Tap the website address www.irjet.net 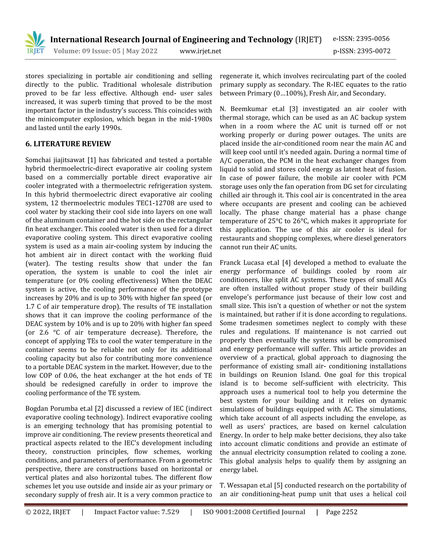tap(200, 51)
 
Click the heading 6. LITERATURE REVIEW tap(68, 144)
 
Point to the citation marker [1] tap(91, 160)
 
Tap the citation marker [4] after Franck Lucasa tap(286, 263)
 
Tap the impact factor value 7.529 tap(170, 512)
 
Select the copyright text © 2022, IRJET tap(48, 512)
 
